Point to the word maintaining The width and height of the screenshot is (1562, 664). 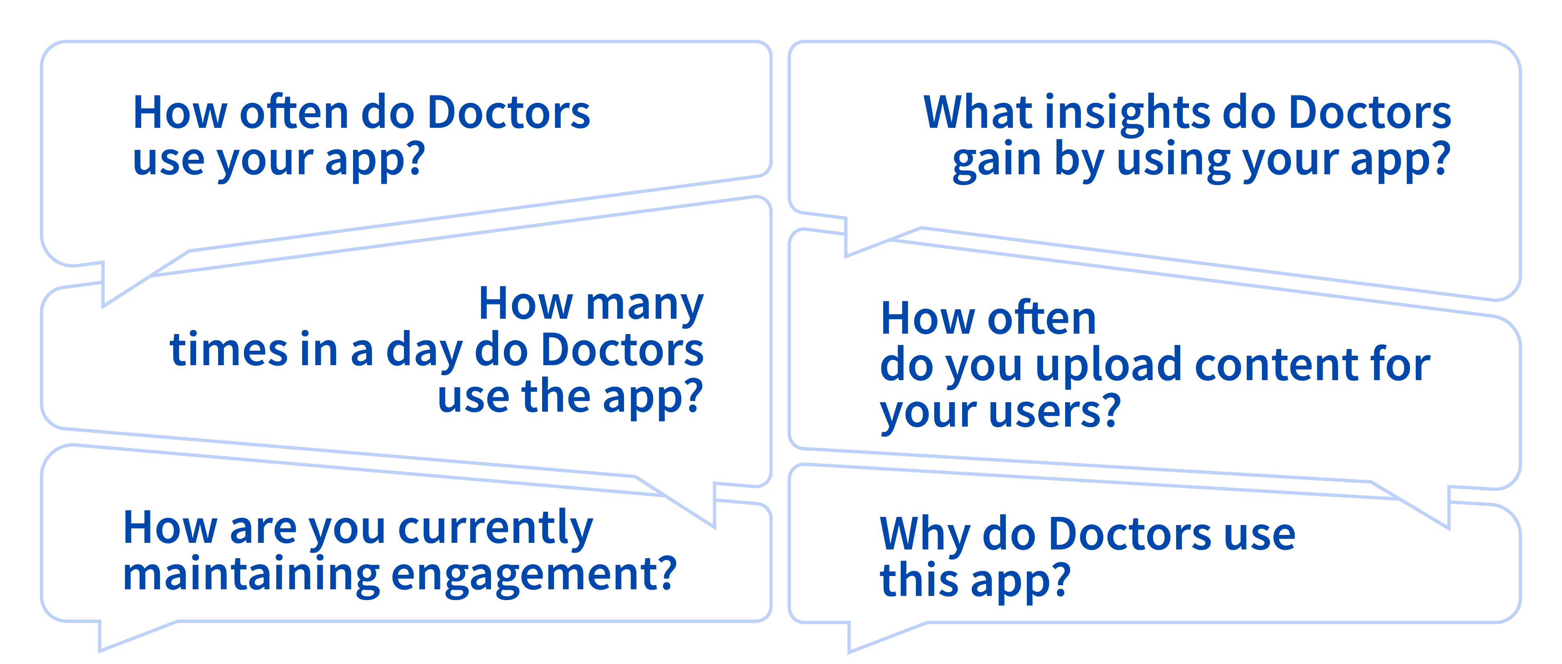pyautogui.click(x=251, y=576)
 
